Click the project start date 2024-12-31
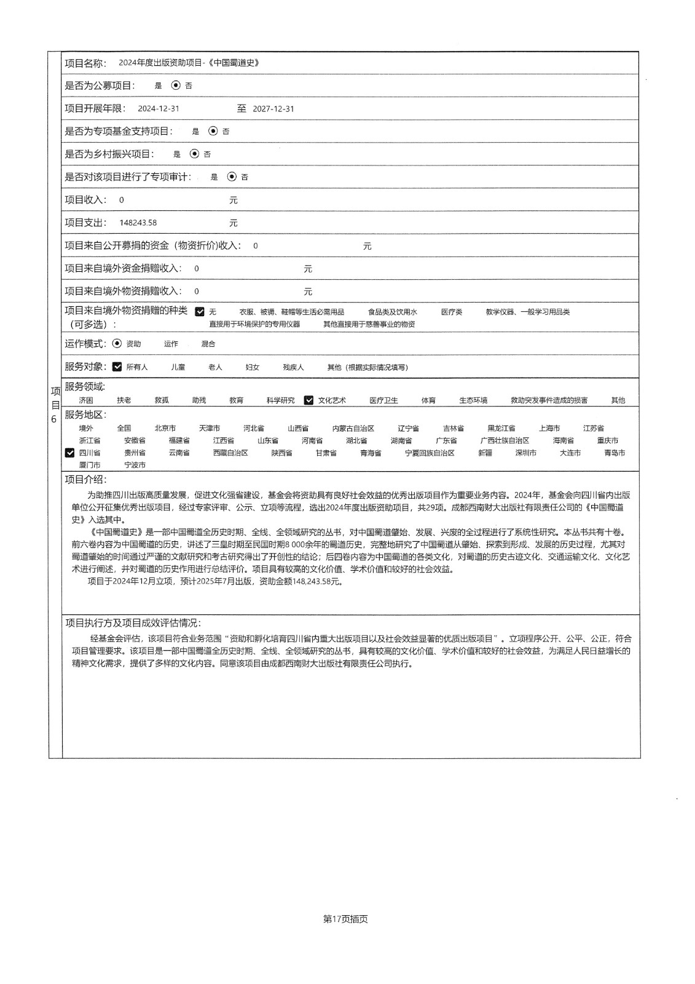tap(159, 109)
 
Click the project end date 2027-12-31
tap(273, 109)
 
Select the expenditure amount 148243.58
tap(138, 223)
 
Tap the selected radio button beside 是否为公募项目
tap(176, 85)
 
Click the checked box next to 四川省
tap(70, 453)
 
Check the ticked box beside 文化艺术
tap(308, 400)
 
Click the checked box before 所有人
tap(117, 367)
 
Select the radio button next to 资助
tap(117, 344)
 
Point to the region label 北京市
tap(165, 428)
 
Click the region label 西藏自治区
tap(230, 453)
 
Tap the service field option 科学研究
tap(280, 400)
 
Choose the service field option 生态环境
tap(473, 400)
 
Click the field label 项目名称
tap(85, 63)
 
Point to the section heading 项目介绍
tap(85, 480)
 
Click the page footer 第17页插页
tap(345, 919)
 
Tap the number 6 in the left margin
tap(54, 419)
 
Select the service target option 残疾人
tap(293, 367)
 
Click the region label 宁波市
tap(135, 465)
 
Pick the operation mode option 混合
tap(208, 344)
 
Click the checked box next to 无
tap(200, 312)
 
